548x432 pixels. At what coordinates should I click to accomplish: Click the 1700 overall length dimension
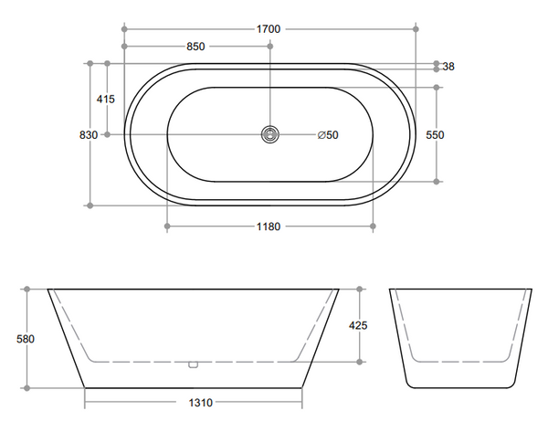[x=268, y=29]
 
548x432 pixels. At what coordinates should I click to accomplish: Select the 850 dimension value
[x=195, y=47]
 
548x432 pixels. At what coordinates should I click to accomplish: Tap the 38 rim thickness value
[x=448, y=67]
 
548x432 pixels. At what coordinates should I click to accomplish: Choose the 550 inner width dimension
[x=435, y=135]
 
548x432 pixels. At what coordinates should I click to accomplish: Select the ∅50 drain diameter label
[x=328, y=135]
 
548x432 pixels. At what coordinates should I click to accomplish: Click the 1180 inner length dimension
[x=268, y=226]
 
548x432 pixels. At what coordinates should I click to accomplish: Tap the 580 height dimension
[x=26, y=339]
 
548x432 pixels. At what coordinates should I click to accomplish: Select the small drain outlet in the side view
[x=193, y=364]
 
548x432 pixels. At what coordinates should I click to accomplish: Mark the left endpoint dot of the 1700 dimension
[x=121, y=29]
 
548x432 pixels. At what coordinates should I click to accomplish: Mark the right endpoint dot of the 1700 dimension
[x=416, y=29]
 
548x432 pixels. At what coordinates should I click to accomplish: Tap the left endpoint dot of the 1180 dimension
[x=165, y=226]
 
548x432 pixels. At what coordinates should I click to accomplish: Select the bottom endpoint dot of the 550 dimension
[x=437, y=181]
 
